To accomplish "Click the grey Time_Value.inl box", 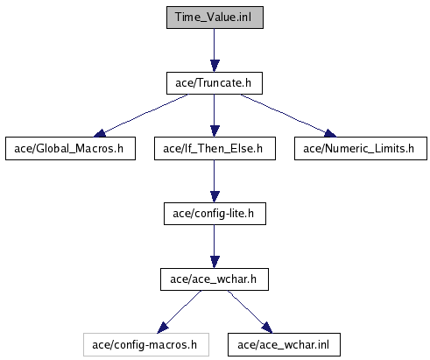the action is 215,18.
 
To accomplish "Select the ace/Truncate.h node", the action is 215,83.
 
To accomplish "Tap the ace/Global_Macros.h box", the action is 70,148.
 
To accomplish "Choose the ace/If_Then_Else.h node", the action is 215,148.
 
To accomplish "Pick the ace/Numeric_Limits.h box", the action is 361,148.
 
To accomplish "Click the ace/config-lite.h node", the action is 215,214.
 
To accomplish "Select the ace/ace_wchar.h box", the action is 215,279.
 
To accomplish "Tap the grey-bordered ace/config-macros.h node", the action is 146,344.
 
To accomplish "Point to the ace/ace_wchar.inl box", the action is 284,344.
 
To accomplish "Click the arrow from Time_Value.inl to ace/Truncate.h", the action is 215,50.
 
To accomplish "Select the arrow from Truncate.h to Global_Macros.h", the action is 141,115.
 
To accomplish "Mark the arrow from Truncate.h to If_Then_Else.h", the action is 215,116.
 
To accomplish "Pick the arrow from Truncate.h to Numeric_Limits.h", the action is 288,115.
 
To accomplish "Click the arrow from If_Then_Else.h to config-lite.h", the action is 215,181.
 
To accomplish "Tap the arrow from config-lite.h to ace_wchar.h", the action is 215,246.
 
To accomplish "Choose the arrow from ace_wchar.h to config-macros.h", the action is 179,312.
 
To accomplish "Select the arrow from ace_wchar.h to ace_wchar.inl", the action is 250,312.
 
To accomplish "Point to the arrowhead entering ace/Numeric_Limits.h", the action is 330,133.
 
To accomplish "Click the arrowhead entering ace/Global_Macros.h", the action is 100,133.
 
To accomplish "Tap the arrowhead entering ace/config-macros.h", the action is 162,328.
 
